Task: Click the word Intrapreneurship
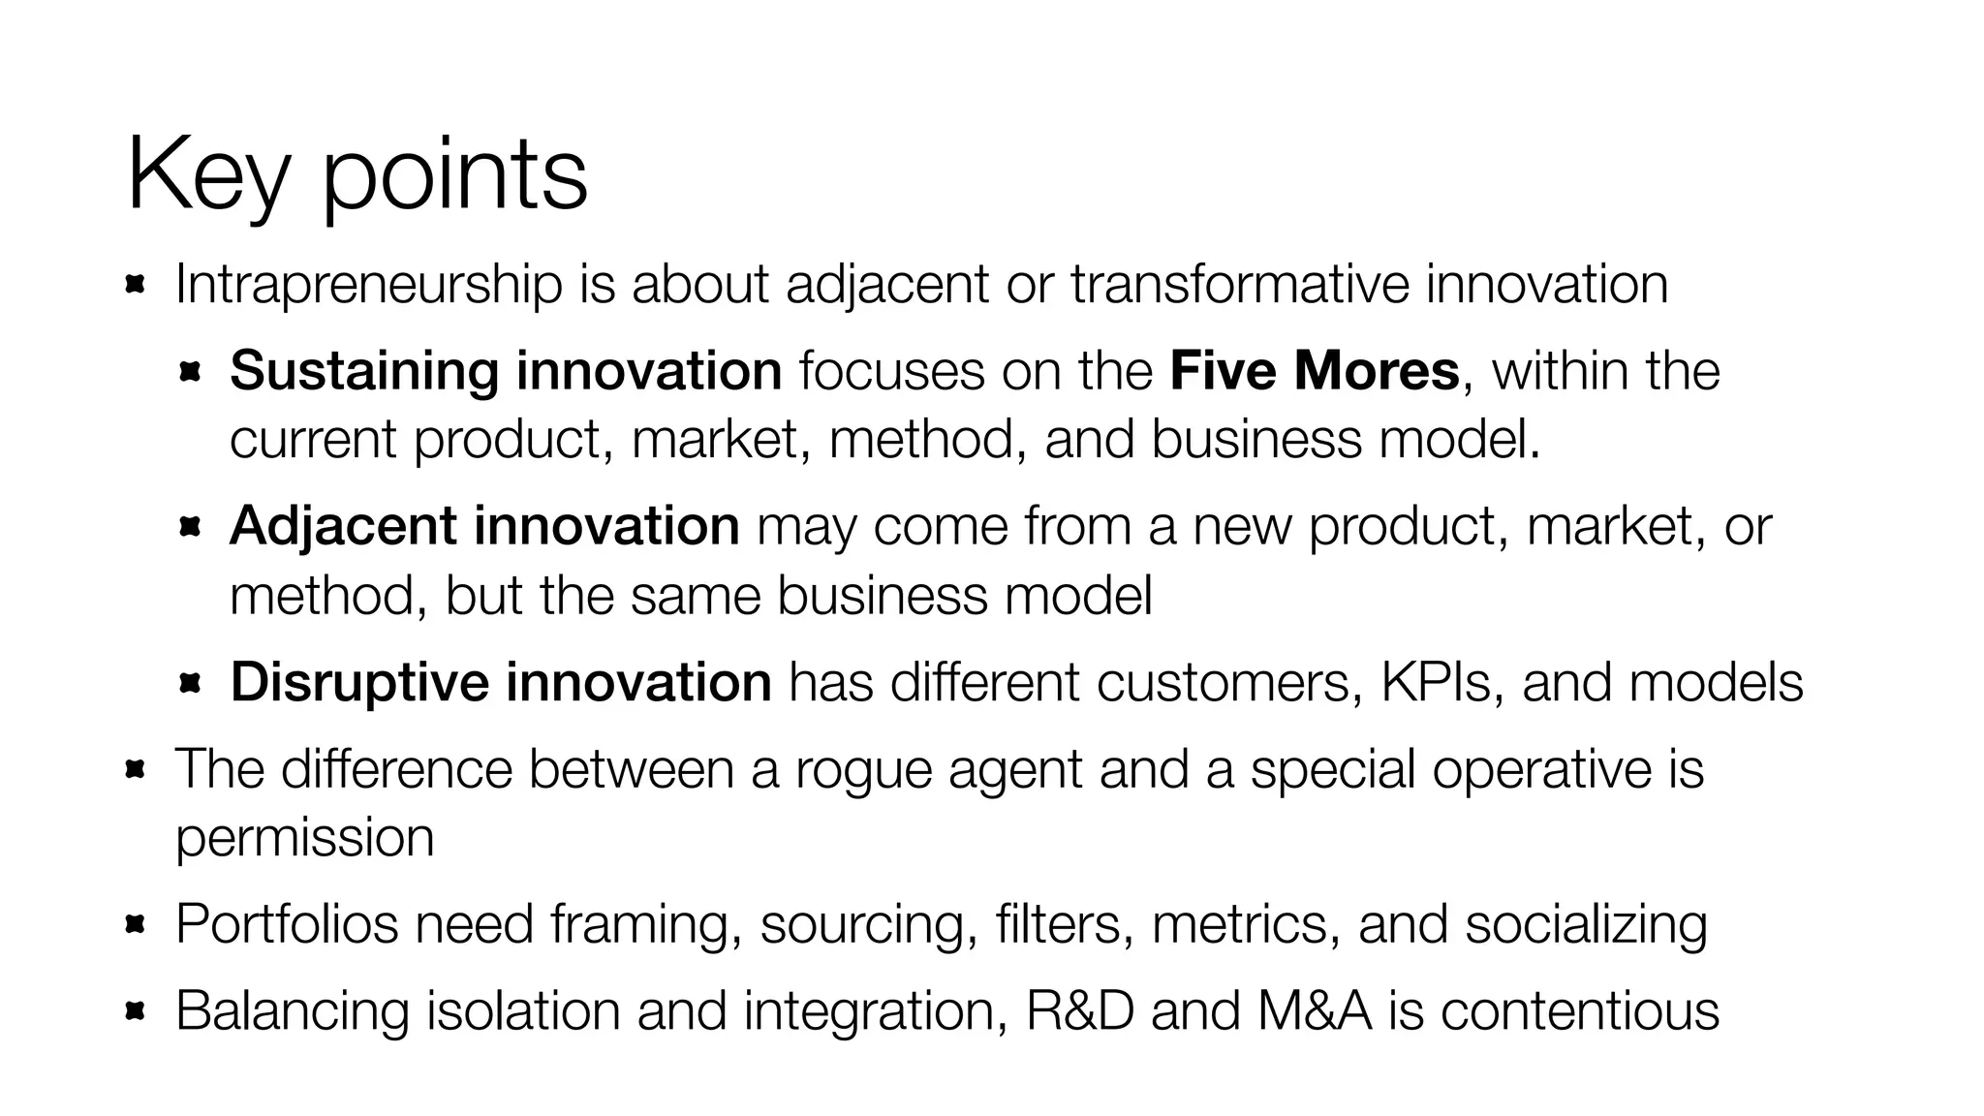(x=368, y=285)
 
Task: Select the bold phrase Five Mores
(x=1314, y=371)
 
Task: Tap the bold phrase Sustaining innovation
(x=506, y=371)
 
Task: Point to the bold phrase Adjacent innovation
(x=484, y=526)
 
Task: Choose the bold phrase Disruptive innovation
(x=501, y=682)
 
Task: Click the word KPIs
(x=1441, y=682)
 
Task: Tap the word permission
(x=304, y=838)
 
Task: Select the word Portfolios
(x=287, y=923)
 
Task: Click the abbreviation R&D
(x=1079, y=1010)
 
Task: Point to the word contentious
(x=1579, y=1010)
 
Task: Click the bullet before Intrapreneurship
(x=135, y=285)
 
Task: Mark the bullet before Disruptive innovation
(x=189, y=684)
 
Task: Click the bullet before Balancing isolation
(x=135, y=1011)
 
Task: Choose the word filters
(x=1064, y=923)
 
